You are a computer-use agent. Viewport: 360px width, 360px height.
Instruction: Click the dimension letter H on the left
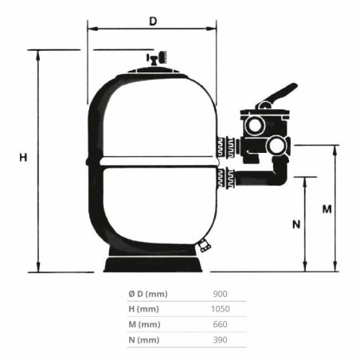click(x=23, y=158)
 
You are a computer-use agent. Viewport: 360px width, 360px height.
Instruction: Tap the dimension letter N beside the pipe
click(x=295, y=224)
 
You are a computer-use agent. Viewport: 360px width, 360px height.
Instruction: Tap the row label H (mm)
click(x=143, y=309)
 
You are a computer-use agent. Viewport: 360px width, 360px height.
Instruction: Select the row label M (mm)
click(x=143, y=324)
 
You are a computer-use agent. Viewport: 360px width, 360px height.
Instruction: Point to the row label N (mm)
click(x=143, y=340)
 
